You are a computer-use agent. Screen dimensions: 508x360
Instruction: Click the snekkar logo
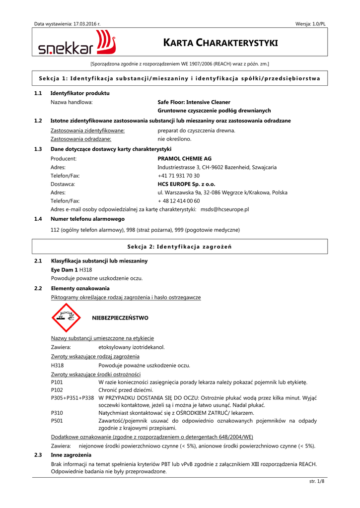tap(77, 43)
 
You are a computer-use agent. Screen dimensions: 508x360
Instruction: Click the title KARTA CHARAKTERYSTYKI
tap(220, 43)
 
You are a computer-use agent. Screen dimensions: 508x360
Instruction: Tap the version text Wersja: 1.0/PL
tap(310, 24)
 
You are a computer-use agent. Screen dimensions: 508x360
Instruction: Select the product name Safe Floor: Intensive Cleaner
tap(194, 102)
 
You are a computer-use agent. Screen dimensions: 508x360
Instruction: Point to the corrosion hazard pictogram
tap(66, 318)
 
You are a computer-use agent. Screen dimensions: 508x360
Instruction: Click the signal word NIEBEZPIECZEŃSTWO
tap(120, 317)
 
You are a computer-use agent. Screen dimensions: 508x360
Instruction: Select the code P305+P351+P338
tap(72, 398)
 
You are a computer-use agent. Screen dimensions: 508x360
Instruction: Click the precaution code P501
tap(57, 421)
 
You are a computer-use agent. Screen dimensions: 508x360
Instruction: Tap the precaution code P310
tap(57, 413)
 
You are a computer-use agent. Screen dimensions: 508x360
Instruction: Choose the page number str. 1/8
tap(316, 481)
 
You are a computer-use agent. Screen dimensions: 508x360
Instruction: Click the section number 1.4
tap(38, 219)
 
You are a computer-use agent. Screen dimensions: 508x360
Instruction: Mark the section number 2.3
tap(38, 455)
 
